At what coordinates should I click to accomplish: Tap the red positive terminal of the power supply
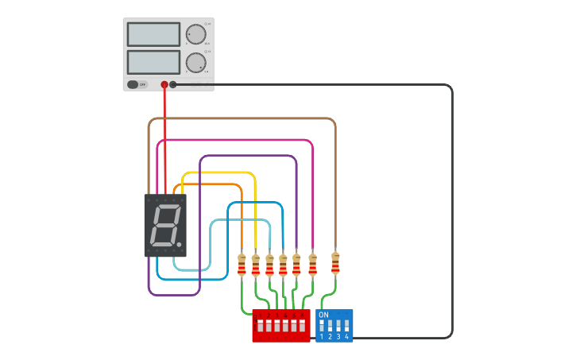tap(164, 84)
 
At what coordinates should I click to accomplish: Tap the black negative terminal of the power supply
tap(173, 84)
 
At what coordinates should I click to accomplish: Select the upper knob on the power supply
tap(195, 35)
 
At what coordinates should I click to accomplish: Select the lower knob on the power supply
tap(195, 64)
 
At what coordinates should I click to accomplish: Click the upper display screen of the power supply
tap(153, 34)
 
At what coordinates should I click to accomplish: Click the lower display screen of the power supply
tap(153, 62)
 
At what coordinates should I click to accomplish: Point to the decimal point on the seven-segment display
tap(180, 244)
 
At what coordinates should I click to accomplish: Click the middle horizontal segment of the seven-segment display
tap(166, 225)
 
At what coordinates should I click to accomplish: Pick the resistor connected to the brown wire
tap(335, 263)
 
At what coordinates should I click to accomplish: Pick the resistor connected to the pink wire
tap(312, 265)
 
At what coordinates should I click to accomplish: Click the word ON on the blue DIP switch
tap(323, 315)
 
